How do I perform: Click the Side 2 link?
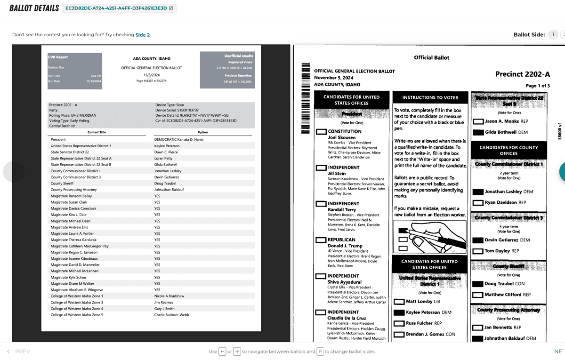pyautogui.click(x=142, y=35)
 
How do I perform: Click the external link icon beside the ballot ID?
pyautogui.click(x=170, y=8)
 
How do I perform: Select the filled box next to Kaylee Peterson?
pyautogui.click(x=399, y=312)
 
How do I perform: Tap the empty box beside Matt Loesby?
pyautogui.click(x=399, y=302)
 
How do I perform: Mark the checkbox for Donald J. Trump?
pyautogui.click(x=321, y=240)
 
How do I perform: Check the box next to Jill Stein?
pyautogui.click(x=321, y=168)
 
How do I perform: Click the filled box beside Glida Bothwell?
pyautogui.click(x=478, y=133)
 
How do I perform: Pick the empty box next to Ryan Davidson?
pyautogui.click(x=478, y=203)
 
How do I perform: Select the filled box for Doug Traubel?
pyautogui.click(x=478, y=284)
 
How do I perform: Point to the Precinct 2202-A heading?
pyautogui.click(x=522, y=74)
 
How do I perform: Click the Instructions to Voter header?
pyautogui.click(x=430, y=97)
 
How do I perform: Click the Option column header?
pyautogui.click(x=203, y=132)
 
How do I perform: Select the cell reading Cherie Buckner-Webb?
pyautogui.click(x=171, y=315)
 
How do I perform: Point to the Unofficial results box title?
pyautogui.click(x=239, y=56)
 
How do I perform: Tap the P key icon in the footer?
pyautogui.click(x=320, y=352)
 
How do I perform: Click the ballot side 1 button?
pyautogui.click(x=553, y=34)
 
